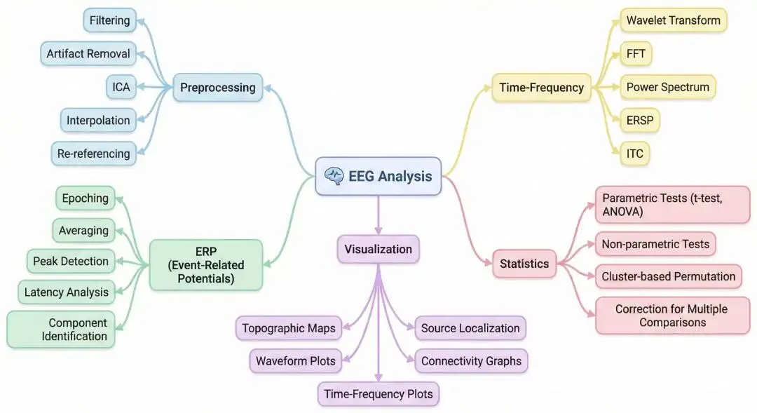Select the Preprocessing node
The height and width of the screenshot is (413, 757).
tap(217, 88)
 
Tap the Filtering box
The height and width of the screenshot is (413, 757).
tap(109, 20)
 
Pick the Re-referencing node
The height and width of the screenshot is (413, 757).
tap(98, 154)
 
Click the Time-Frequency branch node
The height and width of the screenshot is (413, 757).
tap(541, 88)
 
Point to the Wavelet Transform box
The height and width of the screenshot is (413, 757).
tap(673, 20)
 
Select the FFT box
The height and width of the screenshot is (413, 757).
tap(636, 53)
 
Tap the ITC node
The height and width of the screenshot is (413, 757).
tap(635, 154)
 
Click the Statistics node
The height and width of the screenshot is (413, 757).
tap(524, 264)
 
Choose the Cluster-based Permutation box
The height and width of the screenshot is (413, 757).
tap(668, 276)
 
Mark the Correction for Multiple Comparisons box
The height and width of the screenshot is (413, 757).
tap(671, 316)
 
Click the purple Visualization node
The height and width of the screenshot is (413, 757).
tap(378, 249)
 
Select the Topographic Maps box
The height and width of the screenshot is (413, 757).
tap(289, 328)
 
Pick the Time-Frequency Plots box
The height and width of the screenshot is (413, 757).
tap(378, 394)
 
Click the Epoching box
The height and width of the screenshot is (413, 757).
tap(85, 198)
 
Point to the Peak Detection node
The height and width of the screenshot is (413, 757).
tap(71, 262)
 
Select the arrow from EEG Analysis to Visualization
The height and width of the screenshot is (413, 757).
tap(378, 215)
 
